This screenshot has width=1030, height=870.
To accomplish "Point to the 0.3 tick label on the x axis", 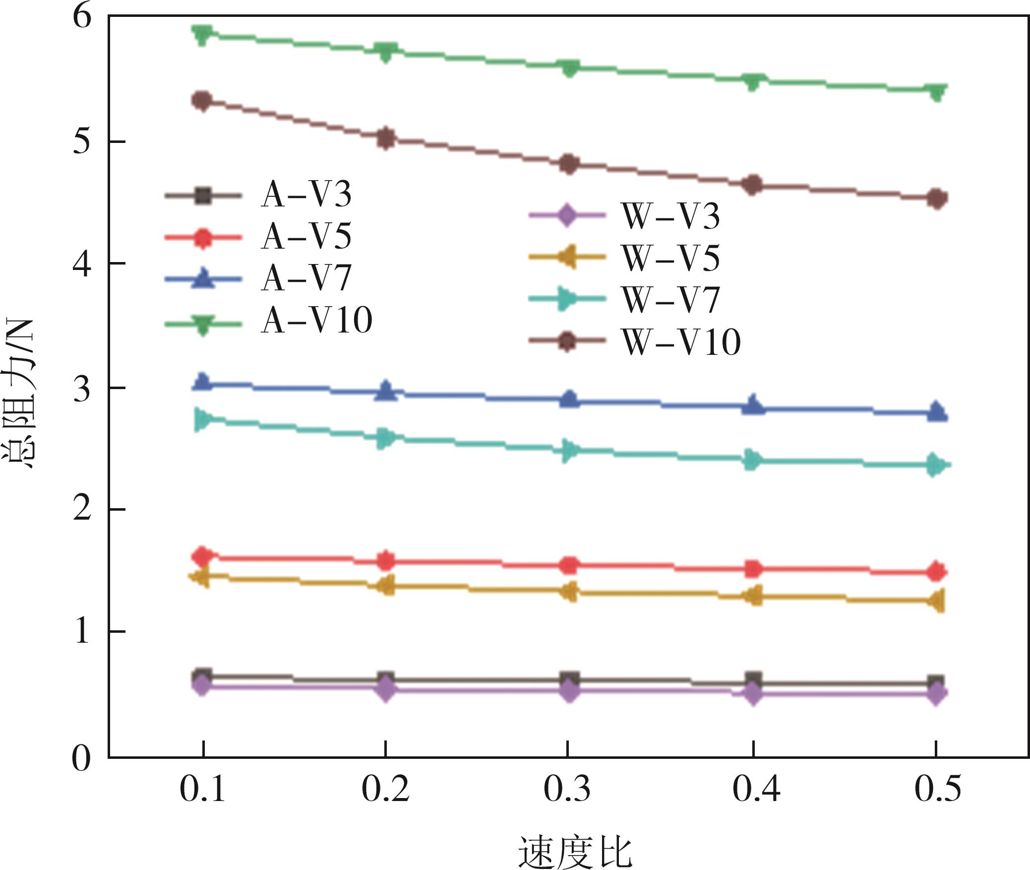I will tap(567, 789).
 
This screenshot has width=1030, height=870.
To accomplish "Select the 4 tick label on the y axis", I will tap(82, 264).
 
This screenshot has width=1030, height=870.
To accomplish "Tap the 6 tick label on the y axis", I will tap(82, 17).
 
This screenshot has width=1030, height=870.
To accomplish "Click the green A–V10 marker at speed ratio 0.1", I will tap(202, 35).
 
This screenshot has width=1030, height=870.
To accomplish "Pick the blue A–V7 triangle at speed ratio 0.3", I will tap(569, 399).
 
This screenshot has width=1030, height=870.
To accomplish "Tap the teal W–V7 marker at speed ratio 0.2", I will tap(385, 438).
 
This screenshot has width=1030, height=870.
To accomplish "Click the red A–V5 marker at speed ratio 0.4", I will tap(753, 569).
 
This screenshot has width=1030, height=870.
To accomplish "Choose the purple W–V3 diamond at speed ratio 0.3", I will tap(569, 691).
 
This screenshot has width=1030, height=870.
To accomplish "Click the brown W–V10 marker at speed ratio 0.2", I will tap(386, 138).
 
